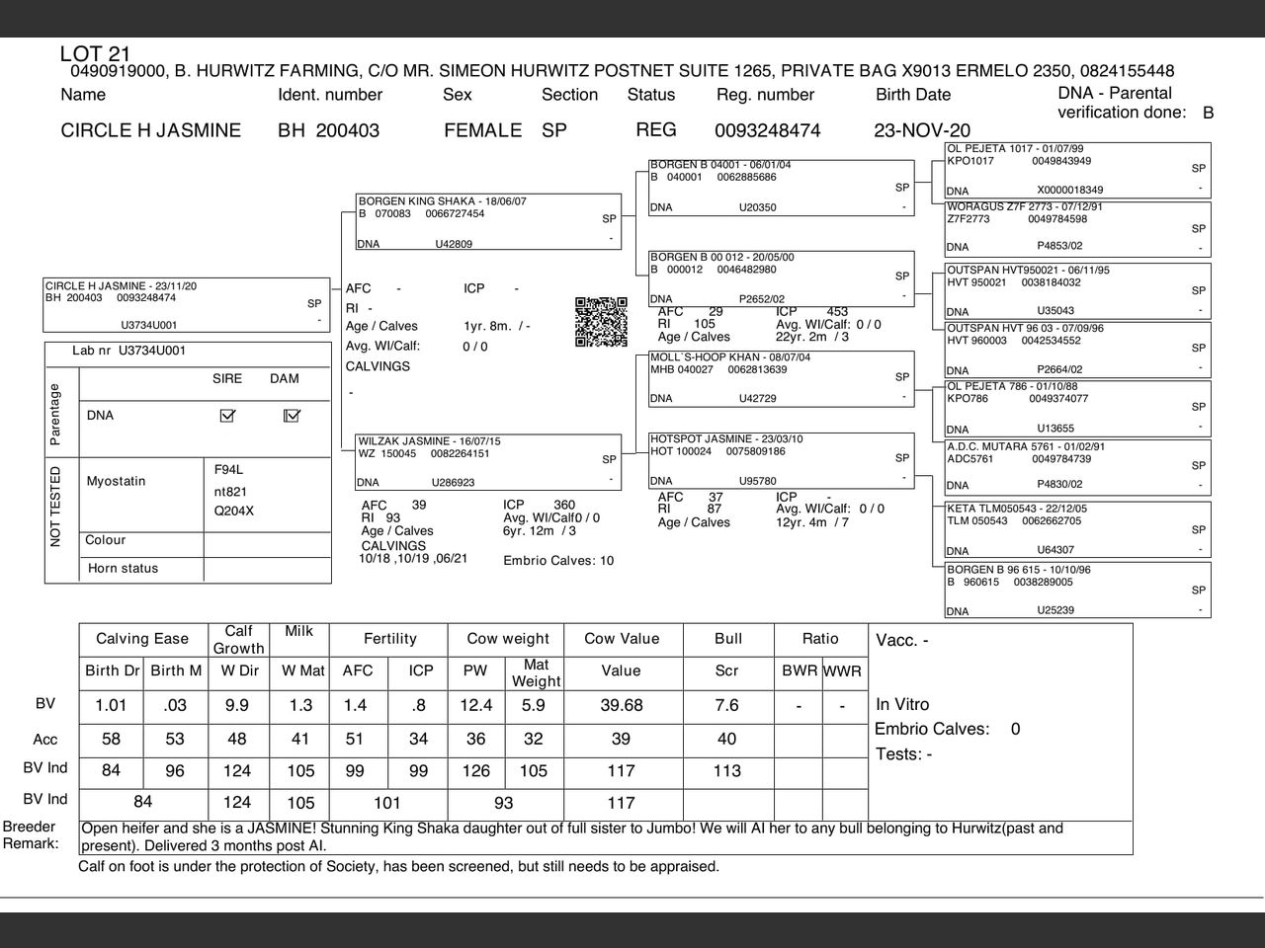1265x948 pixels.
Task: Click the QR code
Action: point(601,322)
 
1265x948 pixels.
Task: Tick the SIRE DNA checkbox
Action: point(227,416)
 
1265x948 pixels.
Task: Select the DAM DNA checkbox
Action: point(291,416)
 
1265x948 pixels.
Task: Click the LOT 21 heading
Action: point(95,54)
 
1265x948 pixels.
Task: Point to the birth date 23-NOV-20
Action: point(922,130)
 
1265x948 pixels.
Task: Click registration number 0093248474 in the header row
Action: point(767,130)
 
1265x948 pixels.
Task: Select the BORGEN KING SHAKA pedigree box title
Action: point(442,201)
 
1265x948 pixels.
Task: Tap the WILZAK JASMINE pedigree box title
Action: point(429,441)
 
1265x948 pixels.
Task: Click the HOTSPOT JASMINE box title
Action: point(725,439)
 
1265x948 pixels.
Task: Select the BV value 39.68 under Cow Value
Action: point(621,705)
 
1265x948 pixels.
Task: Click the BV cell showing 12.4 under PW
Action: point(475,705)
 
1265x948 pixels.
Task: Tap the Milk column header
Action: point(298,632)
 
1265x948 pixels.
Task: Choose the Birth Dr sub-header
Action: point(112,671)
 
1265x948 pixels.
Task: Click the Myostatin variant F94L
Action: point(228,469)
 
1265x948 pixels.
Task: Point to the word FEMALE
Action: point(482,130)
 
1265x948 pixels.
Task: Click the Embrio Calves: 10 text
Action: point(558,561)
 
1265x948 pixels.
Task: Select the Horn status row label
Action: point(123,569)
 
